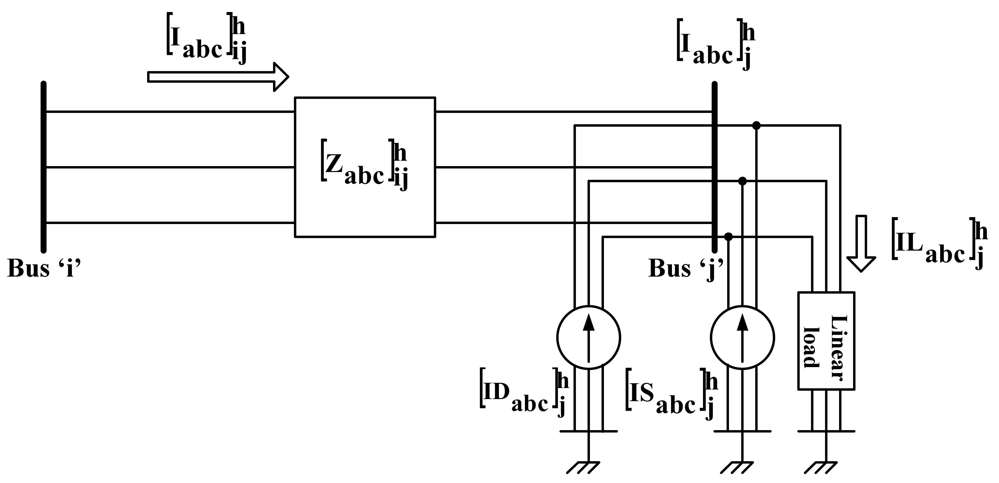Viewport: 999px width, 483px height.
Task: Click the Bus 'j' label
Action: click(x=686, y=268)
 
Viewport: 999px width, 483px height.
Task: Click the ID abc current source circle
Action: click(x=588, y=337)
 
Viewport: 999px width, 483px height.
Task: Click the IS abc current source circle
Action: click(x=742, y=337)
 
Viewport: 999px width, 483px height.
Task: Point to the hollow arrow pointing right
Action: click(x=218, y=76)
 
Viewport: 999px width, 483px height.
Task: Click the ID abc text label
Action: click(x=524, y=394)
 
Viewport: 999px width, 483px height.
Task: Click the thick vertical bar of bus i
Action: click(x=44, y=167)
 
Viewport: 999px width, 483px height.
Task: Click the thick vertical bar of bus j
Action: click(x=714, y=167)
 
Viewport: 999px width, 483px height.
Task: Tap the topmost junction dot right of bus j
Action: click(x=756, y=125)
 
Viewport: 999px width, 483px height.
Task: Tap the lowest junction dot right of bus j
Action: click(x=728, y=237)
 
